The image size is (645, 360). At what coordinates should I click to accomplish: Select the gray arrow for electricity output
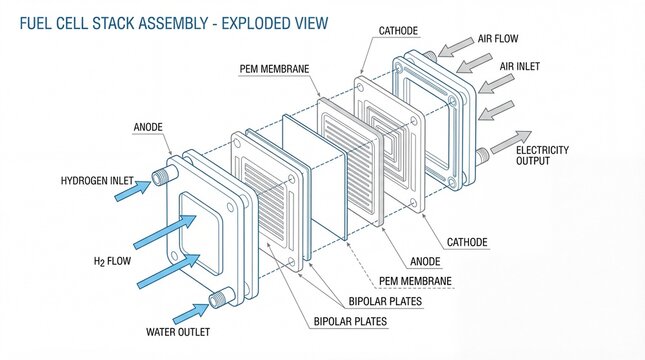pyautogui.click(x=510, y=141)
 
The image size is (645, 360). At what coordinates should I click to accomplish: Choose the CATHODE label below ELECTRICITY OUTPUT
pyautogui.click(x=467, y=241)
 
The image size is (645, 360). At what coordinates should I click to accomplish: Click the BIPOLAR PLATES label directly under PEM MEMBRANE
pyautogui.click(x=385, y=301)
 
